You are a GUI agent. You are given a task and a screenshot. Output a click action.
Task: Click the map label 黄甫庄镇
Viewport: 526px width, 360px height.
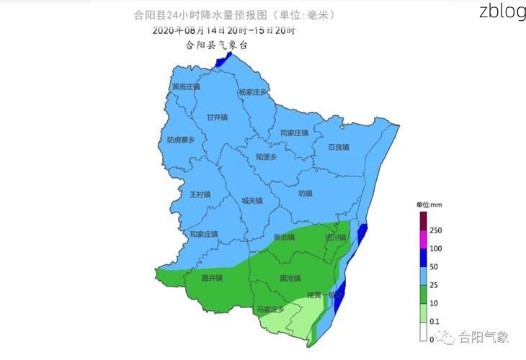(x=185, y=87)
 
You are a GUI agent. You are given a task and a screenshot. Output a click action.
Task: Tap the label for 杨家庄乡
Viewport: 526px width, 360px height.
(x=253, y=92)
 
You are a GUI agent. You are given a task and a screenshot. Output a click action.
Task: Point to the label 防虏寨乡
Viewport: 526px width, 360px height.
(x=181, y=140)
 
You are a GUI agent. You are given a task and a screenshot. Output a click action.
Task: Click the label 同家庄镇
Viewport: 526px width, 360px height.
(x=294, y=133)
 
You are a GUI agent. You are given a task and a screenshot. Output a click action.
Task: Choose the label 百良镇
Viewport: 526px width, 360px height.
(x=339, y=147)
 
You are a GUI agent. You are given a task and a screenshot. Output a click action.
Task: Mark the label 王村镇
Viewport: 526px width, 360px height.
(x=200, y=194)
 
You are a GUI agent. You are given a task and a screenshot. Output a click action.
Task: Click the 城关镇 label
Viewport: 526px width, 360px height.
(x=252, y=201)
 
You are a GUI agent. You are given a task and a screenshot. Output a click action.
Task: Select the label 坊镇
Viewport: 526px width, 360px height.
(x=306, y=193)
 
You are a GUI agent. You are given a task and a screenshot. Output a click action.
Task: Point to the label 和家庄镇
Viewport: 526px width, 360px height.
(x=204, y=234)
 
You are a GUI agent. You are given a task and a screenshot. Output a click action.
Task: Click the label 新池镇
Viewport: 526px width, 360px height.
(x=284, y=237)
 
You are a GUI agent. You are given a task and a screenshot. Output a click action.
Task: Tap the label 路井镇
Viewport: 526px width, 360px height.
(x=212, y=277)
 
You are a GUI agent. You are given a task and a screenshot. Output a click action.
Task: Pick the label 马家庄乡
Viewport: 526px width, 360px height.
(x=272, y=309)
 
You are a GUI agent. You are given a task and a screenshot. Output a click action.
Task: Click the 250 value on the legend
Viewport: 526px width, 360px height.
(x=435, y=230)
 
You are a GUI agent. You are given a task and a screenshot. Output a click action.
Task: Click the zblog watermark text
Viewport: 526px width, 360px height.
(x=502, y=12)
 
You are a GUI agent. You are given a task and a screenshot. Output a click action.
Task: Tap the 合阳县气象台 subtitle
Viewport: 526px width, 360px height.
(x=217, y=45)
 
